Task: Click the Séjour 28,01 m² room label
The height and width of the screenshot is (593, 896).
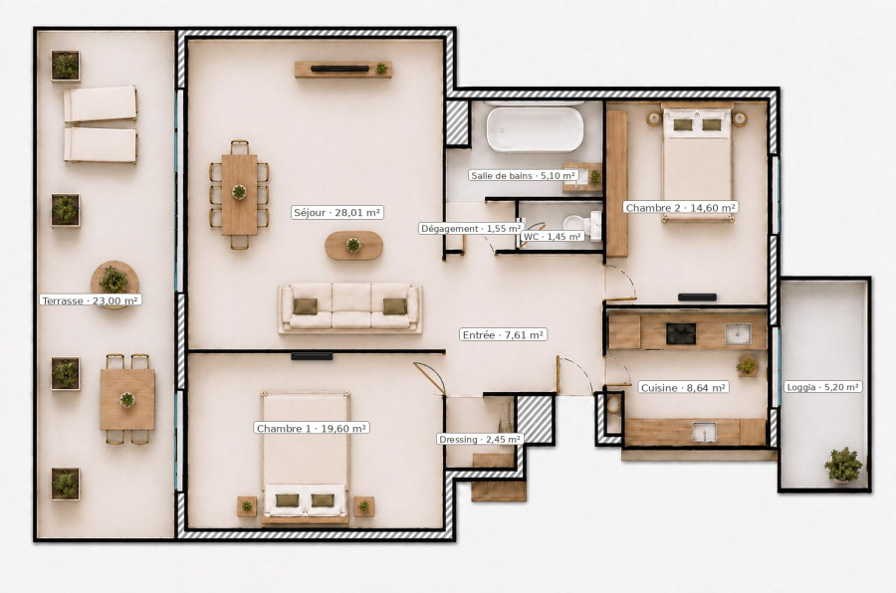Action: [x=337, y=213]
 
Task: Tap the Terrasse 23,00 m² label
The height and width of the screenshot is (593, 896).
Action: [x=91, y=299]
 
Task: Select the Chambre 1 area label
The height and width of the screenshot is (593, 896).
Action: [x=312, y=428]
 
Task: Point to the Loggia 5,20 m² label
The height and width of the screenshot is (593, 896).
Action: [x=823, y=387]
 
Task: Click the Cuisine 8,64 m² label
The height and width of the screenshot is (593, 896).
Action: [x=683, y=387]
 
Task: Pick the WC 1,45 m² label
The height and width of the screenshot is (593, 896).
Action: [x=552, y=236]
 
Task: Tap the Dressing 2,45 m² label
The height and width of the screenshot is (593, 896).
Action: [x=480, y=440]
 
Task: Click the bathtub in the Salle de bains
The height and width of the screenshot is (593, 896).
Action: [x=535, y=129]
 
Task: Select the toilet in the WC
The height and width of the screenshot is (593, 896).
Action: [x=581, y=225]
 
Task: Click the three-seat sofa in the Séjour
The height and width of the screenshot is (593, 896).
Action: [x=350, y=307]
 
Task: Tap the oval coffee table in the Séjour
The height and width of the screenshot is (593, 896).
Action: [x=353, y=246]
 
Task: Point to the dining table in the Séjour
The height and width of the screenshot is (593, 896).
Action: [x=239, y=195]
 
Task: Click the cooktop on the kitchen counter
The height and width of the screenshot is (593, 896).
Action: [x=681, y=333]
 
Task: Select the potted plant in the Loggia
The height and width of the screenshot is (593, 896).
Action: [x=843, y=465]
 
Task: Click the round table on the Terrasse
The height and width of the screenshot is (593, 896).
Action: [x=114, y=281]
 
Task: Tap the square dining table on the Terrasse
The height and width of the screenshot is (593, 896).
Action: [x=127, y=399]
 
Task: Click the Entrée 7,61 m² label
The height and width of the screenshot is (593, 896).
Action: [x=503, y=334]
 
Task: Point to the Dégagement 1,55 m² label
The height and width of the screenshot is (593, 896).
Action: [x=470, y=229]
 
